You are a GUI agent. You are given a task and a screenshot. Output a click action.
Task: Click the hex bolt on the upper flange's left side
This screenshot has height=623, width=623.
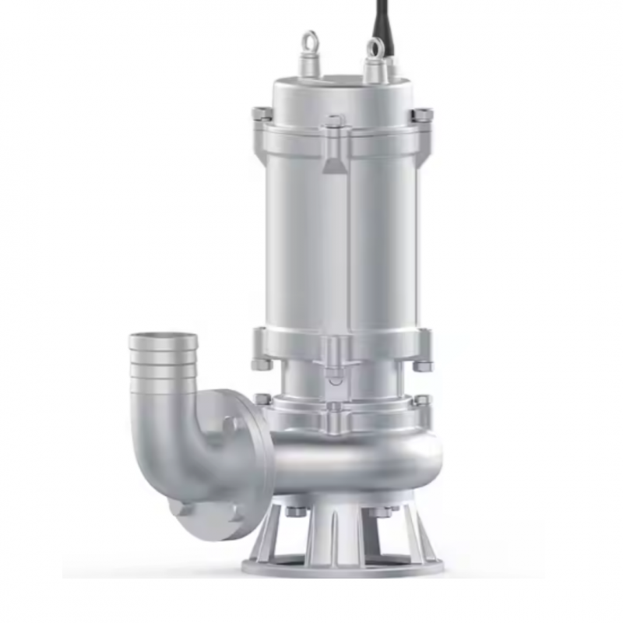click(262, 114)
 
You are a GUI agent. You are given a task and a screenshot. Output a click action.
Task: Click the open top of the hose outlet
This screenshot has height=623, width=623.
click(164, 340)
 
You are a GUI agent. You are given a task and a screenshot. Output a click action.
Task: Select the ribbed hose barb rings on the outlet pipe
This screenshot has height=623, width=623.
click(164, 371)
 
